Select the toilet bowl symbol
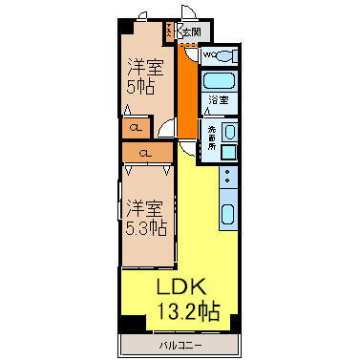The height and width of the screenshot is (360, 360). (226, 55)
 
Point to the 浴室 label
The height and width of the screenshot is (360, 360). (219, 99)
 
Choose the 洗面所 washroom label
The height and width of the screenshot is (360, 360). (212, 136)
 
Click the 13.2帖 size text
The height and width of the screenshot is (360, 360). (186, 311)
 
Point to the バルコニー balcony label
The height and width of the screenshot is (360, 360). (180, 343)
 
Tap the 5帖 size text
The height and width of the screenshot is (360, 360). (142, 86)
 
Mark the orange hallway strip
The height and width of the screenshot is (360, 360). (188, 95)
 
